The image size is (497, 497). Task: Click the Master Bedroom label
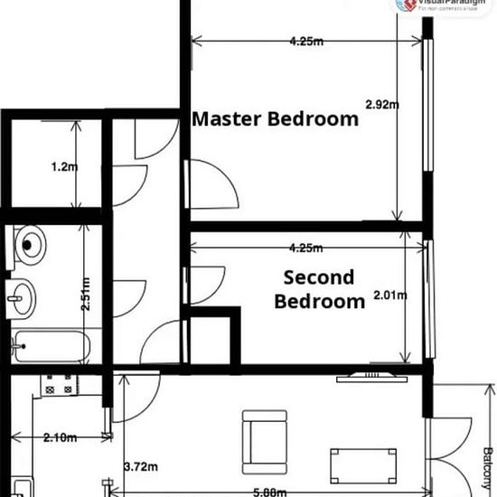[276, 119]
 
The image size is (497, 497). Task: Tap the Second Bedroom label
[319, 289]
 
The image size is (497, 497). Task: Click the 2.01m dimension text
[390, 295]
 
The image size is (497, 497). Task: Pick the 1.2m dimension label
[61, 166]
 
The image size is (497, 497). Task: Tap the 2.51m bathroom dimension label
[85, 293]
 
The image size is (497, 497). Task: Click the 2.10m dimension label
[59, 438]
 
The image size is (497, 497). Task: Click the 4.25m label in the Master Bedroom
[307, 42]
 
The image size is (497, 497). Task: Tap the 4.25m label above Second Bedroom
[307, 248]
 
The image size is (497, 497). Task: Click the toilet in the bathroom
[31, 241]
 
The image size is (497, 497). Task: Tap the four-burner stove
[61, 384]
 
